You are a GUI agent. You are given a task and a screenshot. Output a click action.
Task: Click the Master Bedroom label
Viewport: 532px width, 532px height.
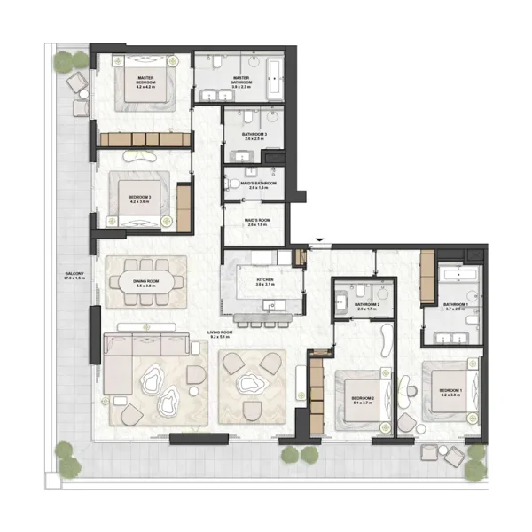tap(146, 84)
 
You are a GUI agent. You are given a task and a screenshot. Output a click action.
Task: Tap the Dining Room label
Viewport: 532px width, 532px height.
tap(145, 284)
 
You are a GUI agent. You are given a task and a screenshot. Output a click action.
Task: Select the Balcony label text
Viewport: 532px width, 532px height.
tap(73, 276)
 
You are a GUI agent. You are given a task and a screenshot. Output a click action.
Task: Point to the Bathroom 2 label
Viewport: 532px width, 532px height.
tap(367, 306)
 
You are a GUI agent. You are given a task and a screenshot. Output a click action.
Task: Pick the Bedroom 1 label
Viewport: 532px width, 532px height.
tap(452, 392)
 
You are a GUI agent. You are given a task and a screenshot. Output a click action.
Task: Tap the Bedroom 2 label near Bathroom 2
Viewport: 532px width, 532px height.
tap(362, 400)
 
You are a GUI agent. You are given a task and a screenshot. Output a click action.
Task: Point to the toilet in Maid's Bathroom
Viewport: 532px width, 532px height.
tap(234, 184)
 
